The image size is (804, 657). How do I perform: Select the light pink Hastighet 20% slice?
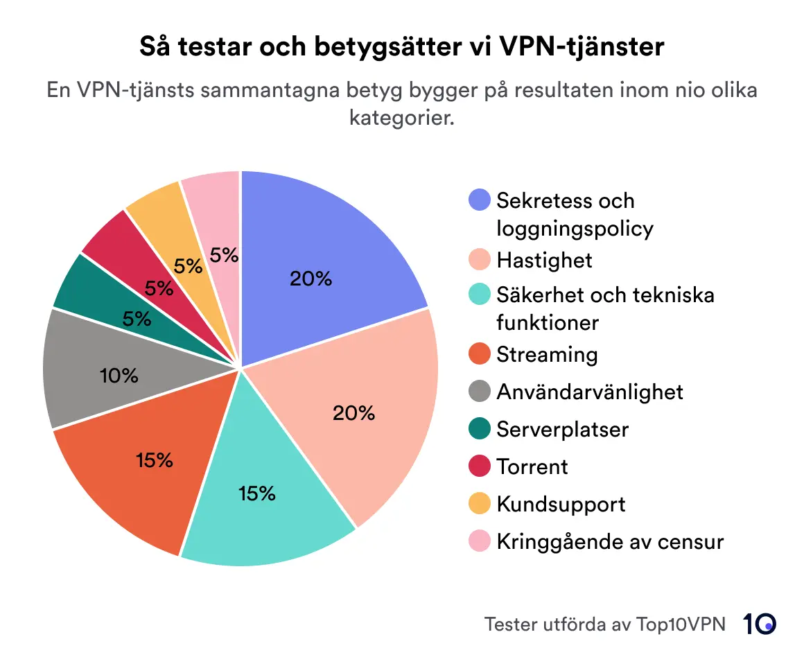(x=360, y=409)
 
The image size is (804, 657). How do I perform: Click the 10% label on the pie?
(x=119, y=376)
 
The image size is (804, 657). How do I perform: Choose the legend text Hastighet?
(x=544, y=260)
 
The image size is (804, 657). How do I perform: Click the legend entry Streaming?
(x=546, y=354)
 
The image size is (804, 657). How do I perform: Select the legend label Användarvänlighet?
(x=589, y=392)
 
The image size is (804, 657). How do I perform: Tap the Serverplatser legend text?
(x=562, y=429)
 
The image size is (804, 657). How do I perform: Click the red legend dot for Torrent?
(x=480, y=466)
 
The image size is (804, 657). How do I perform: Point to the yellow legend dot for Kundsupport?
(x=480, y=504)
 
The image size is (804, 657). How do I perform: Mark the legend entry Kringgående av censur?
(x=610, y=541)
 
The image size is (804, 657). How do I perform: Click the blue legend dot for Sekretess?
(x=480, y=200)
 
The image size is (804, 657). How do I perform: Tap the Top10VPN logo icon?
(x=760, y=624)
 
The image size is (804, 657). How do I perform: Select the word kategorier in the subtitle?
(x=402, y=117)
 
